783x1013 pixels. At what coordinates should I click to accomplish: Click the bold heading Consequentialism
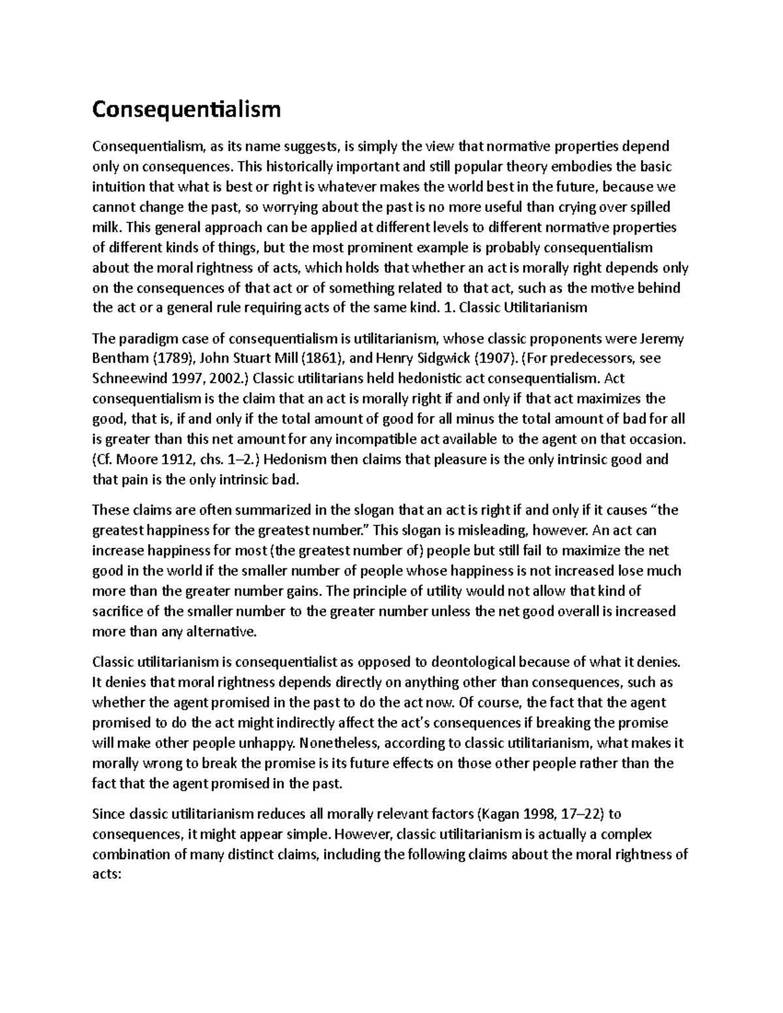click(x=187, y=109)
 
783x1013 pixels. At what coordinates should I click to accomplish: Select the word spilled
click(x=652, y=207)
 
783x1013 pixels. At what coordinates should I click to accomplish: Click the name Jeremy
click(x=660, y=339)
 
